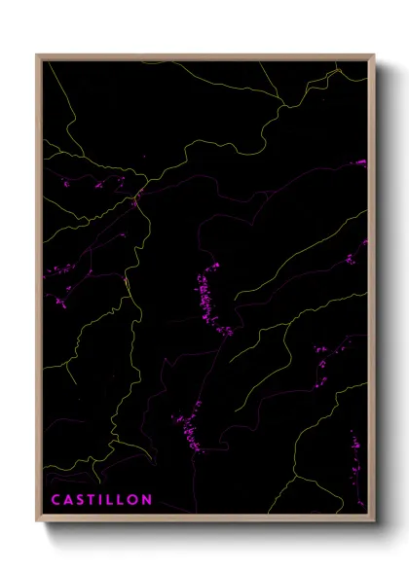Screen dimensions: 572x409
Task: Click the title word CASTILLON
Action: (x=101, y=501)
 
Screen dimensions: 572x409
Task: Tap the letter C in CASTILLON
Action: (x=56, y=501)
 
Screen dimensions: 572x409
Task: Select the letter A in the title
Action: (x=68, y=501)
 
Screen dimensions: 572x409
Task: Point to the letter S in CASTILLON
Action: (x=80, y=501)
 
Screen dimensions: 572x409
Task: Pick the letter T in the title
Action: (x=92, y=501)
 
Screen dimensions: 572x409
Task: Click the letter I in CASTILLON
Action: (x=101, y=501)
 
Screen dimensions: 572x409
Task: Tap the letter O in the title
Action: (x=132, y=501)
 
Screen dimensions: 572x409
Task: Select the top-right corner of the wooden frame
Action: (x=375, y=55)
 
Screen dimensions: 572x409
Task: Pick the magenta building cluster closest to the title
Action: (x=186, y=428)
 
